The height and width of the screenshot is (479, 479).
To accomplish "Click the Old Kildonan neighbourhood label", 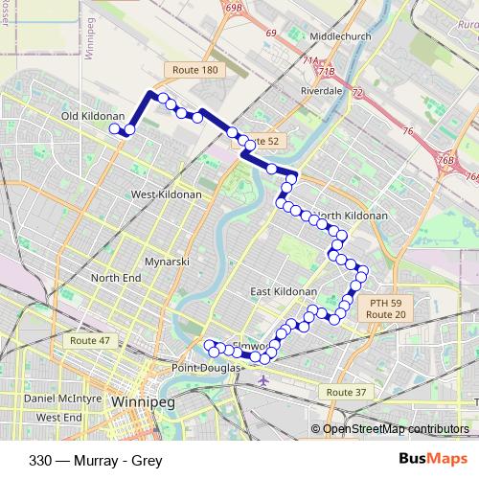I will [88, 116].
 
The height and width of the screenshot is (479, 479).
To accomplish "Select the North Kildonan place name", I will [352, 216].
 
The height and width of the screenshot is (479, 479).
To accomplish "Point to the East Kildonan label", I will [283, 291].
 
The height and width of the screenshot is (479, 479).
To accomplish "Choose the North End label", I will [116, 278].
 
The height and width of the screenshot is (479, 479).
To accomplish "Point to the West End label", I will [58, 418].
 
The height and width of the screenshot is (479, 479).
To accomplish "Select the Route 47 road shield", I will [89, 341].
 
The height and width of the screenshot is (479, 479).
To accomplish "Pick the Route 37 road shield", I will [346, 393].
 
